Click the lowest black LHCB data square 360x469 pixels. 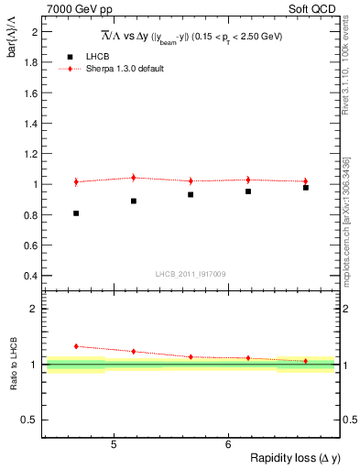point(76,213)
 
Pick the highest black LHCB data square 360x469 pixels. point(306,188)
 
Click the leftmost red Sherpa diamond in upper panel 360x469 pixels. point(76,181)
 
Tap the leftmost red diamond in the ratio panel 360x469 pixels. point(76,346)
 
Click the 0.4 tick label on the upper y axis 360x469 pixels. point(31,276)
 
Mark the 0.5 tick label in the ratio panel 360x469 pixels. point(29,420)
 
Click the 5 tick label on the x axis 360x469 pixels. point(114,445)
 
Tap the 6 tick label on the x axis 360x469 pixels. point(228,445)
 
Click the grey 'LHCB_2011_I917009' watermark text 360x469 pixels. point(191,273)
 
